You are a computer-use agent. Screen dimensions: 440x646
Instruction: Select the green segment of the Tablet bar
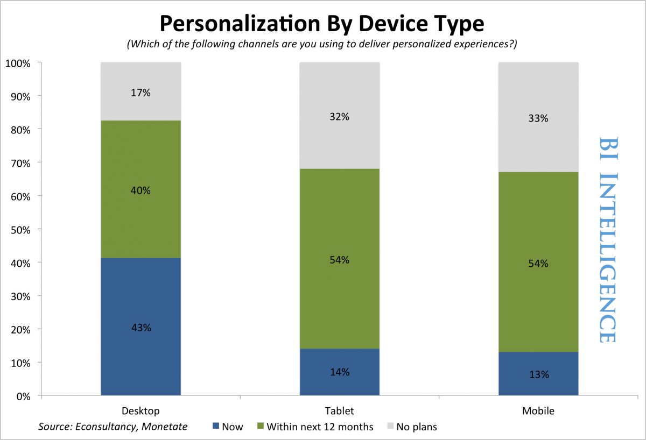(x=339, y=226)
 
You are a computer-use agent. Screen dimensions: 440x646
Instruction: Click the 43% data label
(x=141, y=328)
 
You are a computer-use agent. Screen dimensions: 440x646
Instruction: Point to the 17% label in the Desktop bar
(x=141, y=93)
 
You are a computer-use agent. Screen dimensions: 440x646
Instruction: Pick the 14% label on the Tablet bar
(x=339, y=372)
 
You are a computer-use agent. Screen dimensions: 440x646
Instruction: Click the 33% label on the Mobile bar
(x=538, y=118)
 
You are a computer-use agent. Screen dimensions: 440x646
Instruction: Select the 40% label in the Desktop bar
(x=141, y=190)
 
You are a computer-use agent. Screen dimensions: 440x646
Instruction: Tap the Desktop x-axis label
(x=141, y=411)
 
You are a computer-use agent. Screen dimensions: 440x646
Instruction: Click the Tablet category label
(x=339, y=411)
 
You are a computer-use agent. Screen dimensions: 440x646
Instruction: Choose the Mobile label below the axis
(x=538, y=411)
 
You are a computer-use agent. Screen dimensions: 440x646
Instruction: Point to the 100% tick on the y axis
(x=19, y=63)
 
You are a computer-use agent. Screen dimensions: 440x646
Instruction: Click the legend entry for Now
(x=228, y=427)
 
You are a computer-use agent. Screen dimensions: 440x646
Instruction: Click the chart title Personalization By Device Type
(x=322, y=24)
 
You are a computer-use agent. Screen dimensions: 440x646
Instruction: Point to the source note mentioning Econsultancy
(x=113, y=427)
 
